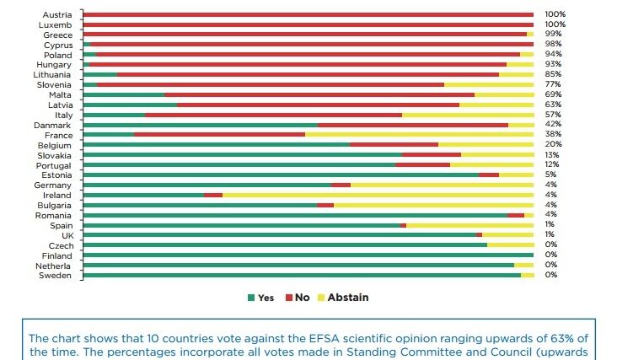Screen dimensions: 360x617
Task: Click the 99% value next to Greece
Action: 555,35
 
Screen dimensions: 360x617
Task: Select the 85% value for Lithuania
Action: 555,74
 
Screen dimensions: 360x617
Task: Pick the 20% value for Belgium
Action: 555,144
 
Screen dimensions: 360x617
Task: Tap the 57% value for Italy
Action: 555,115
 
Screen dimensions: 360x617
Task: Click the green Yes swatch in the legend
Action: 251,298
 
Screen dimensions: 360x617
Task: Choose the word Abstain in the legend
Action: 348,298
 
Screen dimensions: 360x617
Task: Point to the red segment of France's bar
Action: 219,135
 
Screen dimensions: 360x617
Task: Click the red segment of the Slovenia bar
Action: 271,84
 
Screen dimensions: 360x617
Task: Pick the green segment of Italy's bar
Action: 114,115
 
